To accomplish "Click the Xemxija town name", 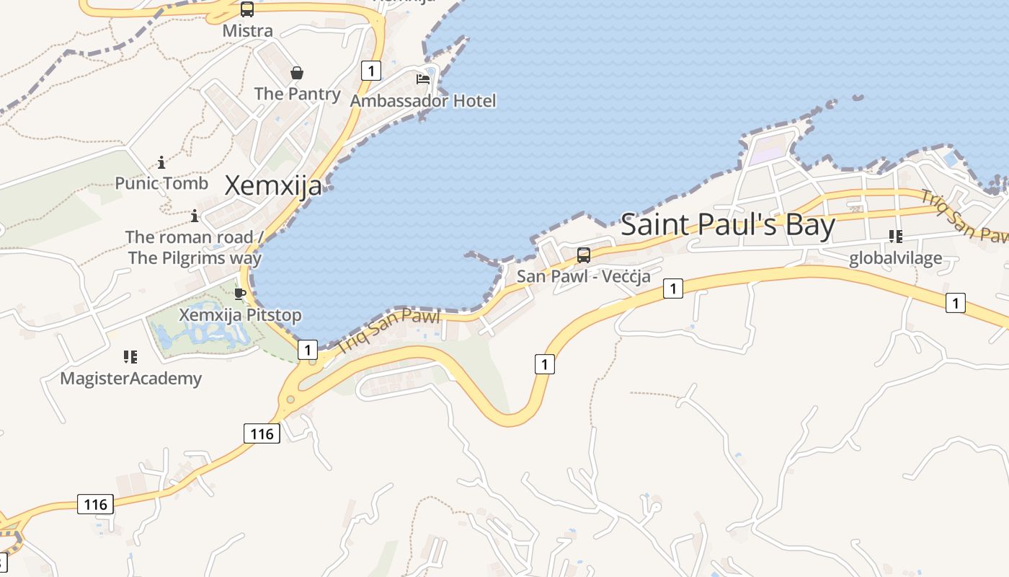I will [273, 186].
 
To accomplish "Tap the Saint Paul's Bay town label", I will [727, 225].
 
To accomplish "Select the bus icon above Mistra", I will [247, 9].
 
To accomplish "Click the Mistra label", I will [247, 30].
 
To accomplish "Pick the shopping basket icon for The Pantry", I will [297, 73].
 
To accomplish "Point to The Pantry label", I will [297, 94].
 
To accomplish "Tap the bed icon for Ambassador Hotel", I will [423, 79].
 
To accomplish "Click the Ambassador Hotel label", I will [423, 100].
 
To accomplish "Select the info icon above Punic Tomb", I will [161, 162].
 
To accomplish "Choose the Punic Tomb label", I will [161, 183].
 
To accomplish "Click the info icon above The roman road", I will [195, 216].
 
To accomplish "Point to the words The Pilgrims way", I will [195, 257].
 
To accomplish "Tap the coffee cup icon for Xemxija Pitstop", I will [240, 294].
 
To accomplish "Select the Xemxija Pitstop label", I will [240, 315].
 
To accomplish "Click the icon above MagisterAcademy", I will [130, 356].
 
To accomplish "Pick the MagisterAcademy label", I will [130, 378].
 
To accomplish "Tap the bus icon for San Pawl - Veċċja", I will [584, 255].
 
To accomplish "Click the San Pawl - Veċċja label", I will [584, 276].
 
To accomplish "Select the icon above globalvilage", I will [896, 237].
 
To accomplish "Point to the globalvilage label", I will [896, 258].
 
